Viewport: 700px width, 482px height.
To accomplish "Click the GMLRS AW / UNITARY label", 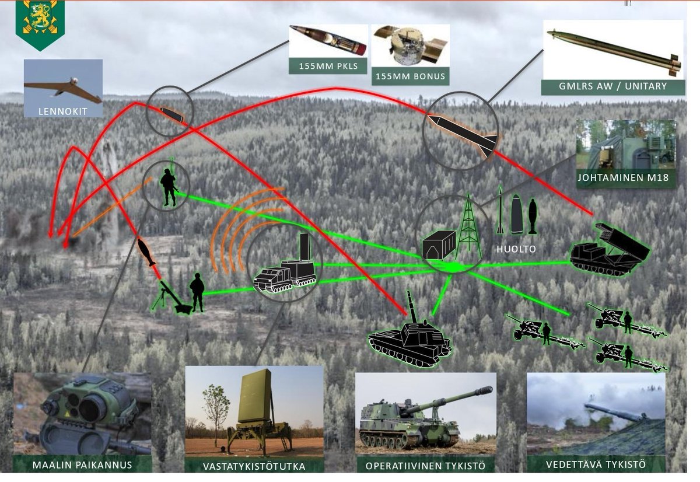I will point(612,86).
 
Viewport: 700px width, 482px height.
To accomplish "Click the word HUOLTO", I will point(516,249).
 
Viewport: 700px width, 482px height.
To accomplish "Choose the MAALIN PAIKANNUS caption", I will point(82,464).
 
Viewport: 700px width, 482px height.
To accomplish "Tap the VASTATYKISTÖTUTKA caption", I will point(254,466).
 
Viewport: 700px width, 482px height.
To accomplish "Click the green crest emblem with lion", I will point(40,23).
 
